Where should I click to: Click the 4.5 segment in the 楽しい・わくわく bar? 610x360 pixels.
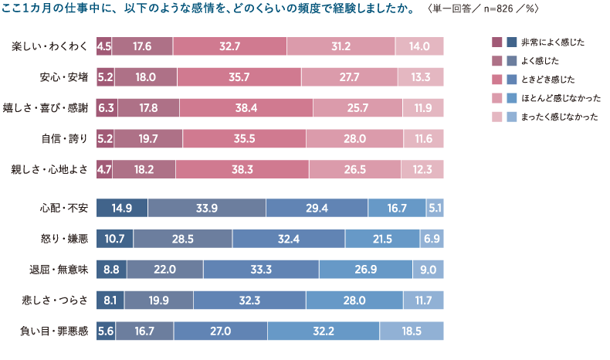tap(104, 46)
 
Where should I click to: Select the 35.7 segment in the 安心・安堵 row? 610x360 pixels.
tap(239, 77)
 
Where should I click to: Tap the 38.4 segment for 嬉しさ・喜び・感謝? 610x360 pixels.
tap(246, 108)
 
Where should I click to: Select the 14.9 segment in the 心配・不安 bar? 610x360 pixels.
tap(122, 208)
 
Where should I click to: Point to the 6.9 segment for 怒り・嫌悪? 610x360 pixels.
tap(432, 239)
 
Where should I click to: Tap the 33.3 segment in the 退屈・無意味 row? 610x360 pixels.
tap(261, 270)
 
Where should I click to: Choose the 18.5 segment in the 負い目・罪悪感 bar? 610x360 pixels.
tap(412, 331)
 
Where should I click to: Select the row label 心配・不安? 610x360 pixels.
tap(64, 209)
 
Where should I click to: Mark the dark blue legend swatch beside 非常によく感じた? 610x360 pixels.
tap(510, 41)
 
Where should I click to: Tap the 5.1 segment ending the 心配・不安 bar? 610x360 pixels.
tap(435, 208)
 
